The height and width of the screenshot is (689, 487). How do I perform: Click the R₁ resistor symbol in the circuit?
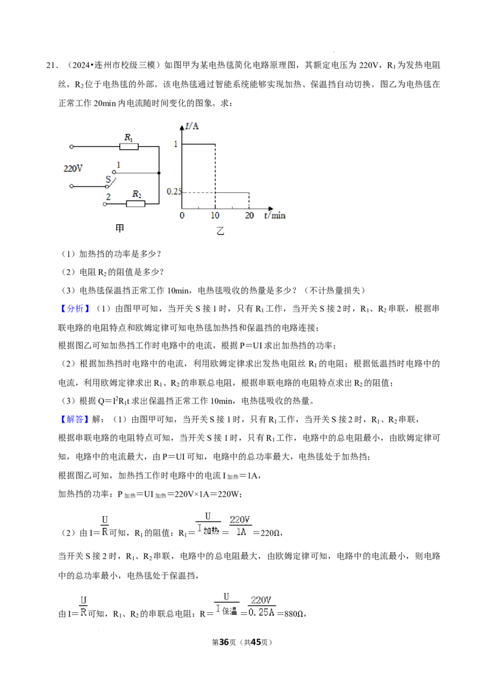(129, 147)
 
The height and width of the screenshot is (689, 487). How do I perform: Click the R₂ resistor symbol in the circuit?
(136, 203)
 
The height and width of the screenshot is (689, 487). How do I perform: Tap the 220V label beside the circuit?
(73, 169)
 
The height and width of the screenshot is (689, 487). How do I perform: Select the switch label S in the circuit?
(108, 180)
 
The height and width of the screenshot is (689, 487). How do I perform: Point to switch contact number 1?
(118, 165)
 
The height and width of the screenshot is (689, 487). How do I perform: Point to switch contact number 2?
(108, 197)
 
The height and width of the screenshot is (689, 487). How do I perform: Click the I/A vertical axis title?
(192, 126)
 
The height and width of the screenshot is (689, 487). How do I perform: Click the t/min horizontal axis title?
(275, 215)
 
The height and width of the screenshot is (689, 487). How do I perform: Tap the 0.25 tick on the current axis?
(173, 192)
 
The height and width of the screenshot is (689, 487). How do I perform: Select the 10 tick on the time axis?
(215, 215)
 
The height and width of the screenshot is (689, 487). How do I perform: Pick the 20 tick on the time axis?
(249, 215)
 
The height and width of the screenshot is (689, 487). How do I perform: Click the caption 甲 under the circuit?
(119, 228)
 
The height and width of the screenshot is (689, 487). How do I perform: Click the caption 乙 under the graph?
(220, 231)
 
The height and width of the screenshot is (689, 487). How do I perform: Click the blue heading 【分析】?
(75, 309)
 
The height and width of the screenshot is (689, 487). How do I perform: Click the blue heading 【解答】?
(75, 419)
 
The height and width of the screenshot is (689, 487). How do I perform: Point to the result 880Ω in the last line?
(294, 614)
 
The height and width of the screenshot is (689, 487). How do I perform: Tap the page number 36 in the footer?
(224, 642)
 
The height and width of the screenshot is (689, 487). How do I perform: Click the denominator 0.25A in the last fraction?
(262, 612)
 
